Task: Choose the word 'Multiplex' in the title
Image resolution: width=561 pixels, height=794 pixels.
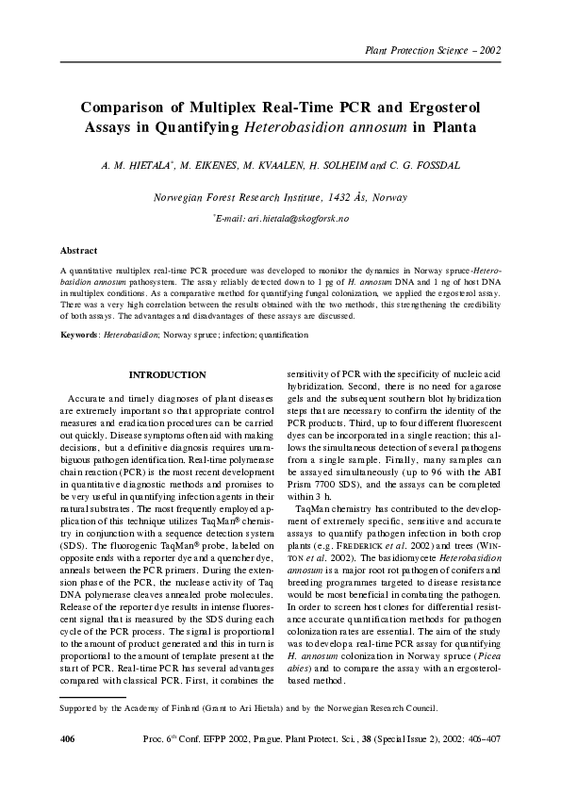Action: pyautogui.click(x=201, y=107)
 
